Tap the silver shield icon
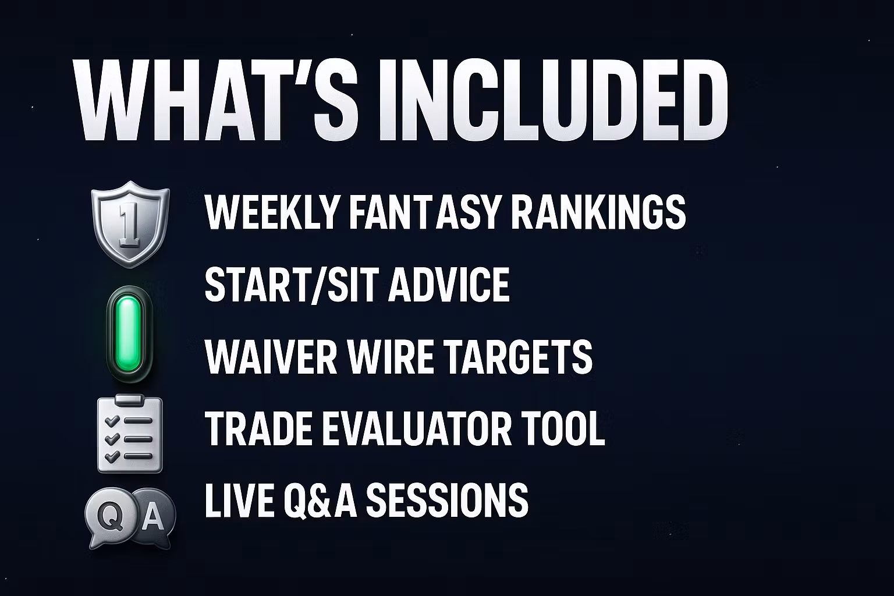[x=130, y=224]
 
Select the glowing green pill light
[x=129, y=334]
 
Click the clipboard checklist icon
[x=130, y=434]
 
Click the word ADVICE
[x=449, y=285]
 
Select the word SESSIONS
[x=447, y=500]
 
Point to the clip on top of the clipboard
[x=130, y=400]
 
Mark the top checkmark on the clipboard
[x=112, y=420]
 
